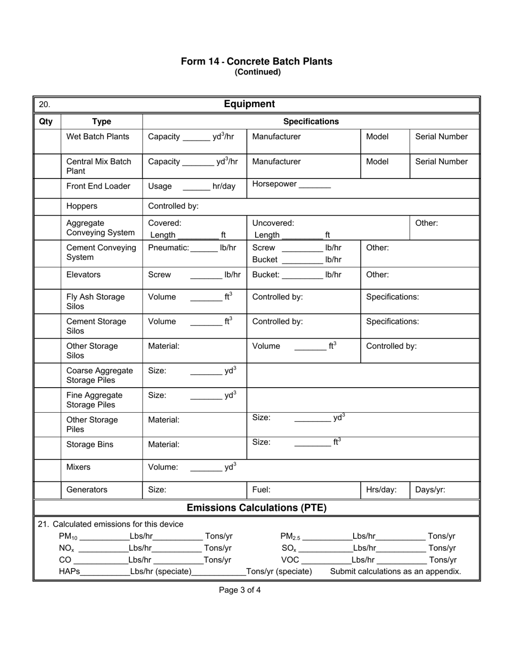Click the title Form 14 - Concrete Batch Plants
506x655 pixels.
pos(256,61)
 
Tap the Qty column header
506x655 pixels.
pos(46,121)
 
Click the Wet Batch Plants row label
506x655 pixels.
pos(97,137)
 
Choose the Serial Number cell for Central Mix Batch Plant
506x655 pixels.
pos(441,162)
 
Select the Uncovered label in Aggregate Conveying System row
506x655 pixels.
pos(273,223)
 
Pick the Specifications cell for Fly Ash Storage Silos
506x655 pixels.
pos(393,297)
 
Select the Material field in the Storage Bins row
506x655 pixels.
pos(164,445)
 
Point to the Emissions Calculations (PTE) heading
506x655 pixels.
pos(256,508)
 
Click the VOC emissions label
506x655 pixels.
pos(290,560)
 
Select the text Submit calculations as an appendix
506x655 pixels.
pos(395,571)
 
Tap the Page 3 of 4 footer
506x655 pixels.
pos(240,590)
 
